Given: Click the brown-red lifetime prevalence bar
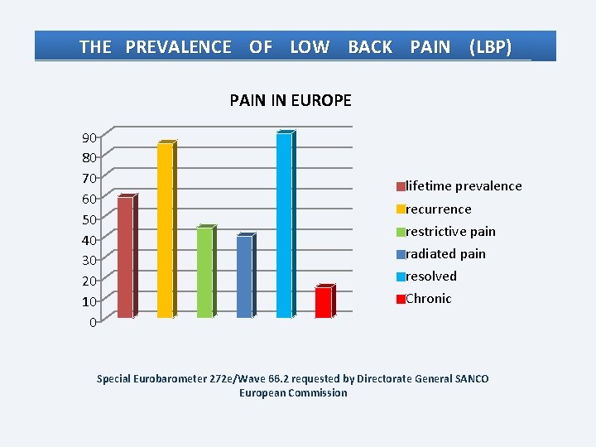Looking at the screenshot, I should point(125,257).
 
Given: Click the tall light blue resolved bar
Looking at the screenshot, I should point(284,224).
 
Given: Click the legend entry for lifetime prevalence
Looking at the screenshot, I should point(459,186).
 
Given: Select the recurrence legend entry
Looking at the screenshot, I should point(435,209).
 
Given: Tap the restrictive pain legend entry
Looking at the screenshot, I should point(446,232).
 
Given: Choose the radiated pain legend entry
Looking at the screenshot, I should point(441,254).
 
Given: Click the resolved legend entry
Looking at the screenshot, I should point(427,276).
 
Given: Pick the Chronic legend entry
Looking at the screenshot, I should point(424,299).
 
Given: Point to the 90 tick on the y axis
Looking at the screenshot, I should point(89,137).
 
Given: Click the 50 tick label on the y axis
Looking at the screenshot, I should point(89,219).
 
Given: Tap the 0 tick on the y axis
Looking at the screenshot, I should point(94,322).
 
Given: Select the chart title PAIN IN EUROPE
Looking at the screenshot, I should point(291,101).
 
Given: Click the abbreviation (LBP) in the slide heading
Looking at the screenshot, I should point(490,47).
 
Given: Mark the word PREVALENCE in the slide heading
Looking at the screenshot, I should point(178,47).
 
